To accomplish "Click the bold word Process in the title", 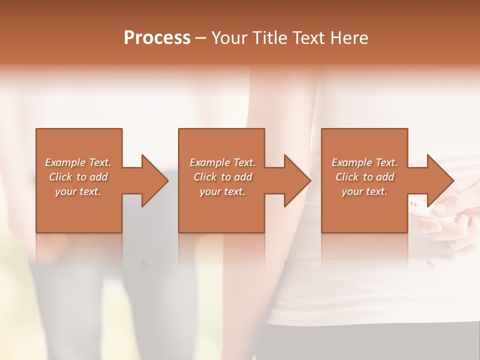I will pos(157,38).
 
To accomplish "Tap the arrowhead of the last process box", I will pos(439,180).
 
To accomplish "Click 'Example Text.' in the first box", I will pos(78,162).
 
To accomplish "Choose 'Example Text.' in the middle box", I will pos(222,162).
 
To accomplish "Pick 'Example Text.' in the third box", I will pos(364,162).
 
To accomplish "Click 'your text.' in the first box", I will pos(78,191).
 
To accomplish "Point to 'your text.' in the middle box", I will pos(222,191).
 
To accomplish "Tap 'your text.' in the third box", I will pos(364,191).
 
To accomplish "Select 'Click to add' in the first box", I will pos(78,177).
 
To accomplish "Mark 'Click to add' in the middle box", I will pos(222,177).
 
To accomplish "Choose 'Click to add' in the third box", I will pos(364,177).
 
